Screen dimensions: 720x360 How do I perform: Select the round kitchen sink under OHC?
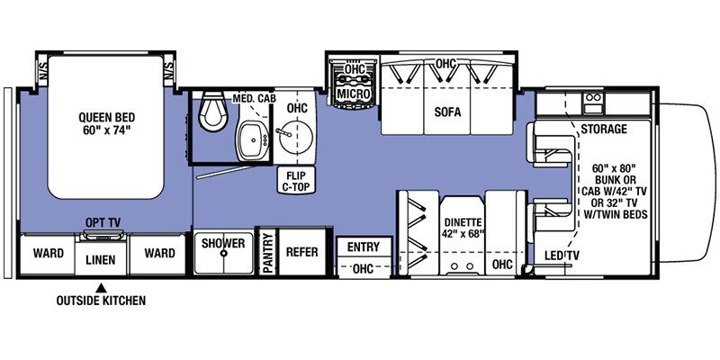click(x=295, y=137)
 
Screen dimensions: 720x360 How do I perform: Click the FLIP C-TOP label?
click(x=296, y=181)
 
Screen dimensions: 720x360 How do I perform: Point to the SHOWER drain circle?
click(x=223, y=253)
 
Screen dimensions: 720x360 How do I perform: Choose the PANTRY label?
click(x=268, y=252)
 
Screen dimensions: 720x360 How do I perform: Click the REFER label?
click(x=301, y=252)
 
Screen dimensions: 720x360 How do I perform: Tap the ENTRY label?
click(x=364, y=247)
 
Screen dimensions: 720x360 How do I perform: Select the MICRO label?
click(x=353, y=94)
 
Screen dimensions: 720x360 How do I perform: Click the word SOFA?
click(x=448, y=112)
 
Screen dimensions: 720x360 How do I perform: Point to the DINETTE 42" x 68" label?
click(x=463, y=227)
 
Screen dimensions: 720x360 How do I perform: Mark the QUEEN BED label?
click(x=107, y=123)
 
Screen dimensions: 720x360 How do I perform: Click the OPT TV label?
click(x=103, y=222)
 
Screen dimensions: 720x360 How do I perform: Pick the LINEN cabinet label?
click(x=101, y=260)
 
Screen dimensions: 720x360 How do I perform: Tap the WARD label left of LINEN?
click(x=49, y=253)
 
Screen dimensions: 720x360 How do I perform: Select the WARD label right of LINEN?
click(x=159, y=253)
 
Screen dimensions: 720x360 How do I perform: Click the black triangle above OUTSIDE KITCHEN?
click(x=101, y=288)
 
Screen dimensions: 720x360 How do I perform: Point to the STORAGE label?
click(x=604, y=129)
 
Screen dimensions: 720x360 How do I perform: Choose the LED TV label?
click(x=562, y=256)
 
